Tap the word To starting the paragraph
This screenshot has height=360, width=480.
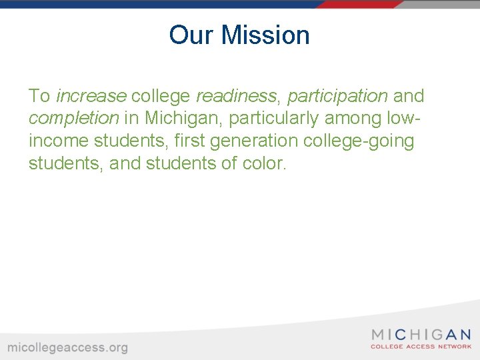click(x=39, y=96)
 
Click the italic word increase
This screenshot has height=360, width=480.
click(x=91, y=96)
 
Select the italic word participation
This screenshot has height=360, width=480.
click(x=337, y=96)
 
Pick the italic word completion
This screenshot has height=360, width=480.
click(x=73, y=119)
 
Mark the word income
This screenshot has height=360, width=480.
click(x=59, y=141)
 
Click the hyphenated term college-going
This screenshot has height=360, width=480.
click(x=359, y=141)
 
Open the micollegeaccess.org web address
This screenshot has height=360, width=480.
click(x=67, y=347)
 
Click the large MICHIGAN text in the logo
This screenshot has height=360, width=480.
click(x=421, y=335)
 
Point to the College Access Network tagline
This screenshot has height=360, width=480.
click(x=421, y=347)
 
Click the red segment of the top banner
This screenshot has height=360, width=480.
click(x=360, y=4)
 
